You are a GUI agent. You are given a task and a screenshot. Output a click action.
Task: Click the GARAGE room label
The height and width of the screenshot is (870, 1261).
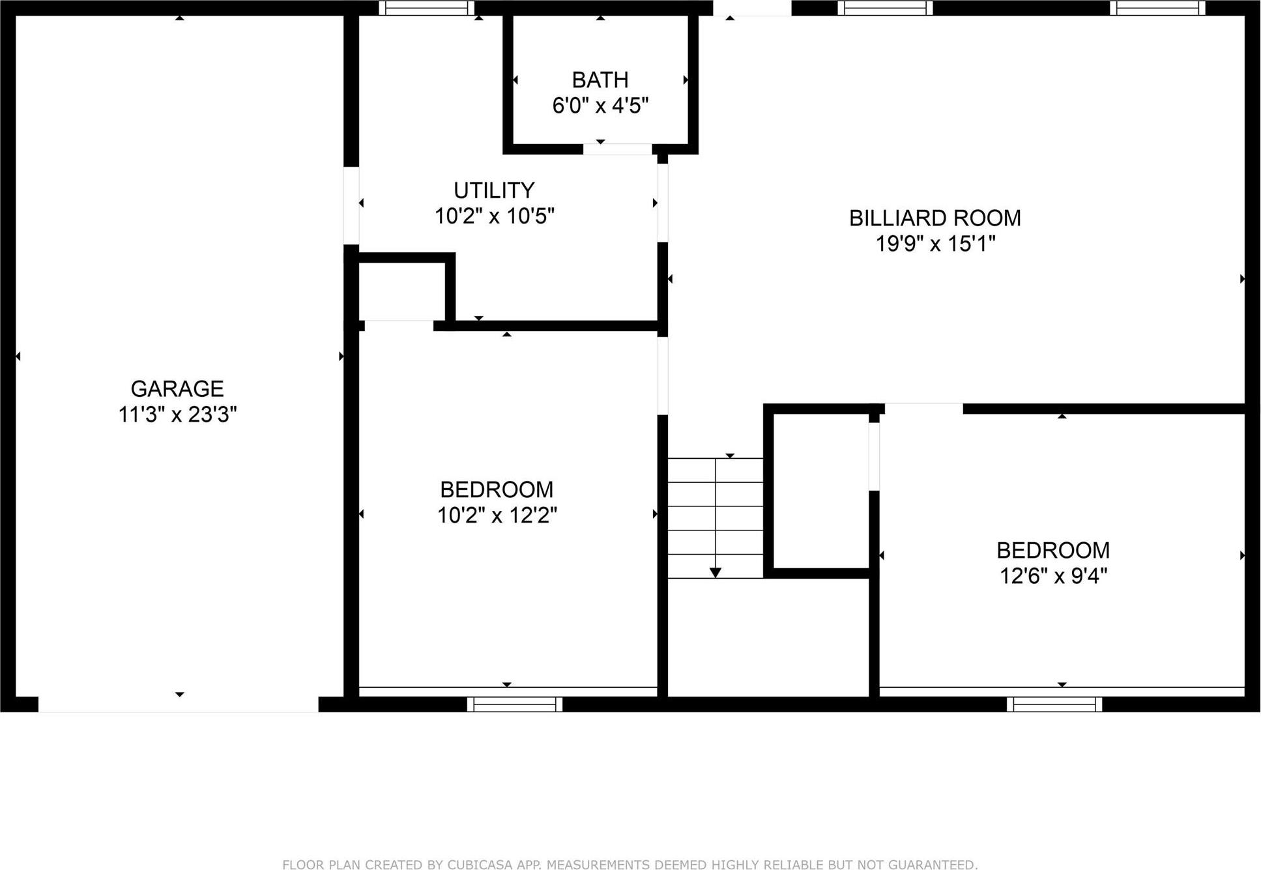click(177, 389)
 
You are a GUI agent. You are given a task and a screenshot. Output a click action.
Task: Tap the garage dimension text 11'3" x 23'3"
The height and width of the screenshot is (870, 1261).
click(177, 414)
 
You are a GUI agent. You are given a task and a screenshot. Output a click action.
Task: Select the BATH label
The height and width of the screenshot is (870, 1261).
click(600, 80)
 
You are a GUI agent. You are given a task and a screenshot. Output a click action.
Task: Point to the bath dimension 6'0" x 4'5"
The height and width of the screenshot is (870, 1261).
click(600, 106)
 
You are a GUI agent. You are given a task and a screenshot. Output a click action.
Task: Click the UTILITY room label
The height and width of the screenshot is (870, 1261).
click(494, 190)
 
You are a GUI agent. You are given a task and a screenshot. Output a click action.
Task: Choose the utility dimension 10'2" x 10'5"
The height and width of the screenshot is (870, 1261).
click(494, 216)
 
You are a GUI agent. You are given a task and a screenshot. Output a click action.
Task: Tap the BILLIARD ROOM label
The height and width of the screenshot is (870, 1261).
click(935, 218)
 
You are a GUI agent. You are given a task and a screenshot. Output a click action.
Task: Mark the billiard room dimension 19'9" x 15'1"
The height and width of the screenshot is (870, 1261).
click(935, 244)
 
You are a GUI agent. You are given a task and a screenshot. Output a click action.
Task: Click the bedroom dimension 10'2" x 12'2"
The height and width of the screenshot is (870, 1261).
click(497, 515)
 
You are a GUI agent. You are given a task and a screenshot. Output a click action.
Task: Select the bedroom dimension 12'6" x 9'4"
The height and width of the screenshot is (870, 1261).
click(1053, 576)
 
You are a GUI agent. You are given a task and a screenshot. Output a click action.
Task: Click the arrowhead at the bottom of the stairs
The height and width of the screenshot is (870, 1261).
click(716, 573)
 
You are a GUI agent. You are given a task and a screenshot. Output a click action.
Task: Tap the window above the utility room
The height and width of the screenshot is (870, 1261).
click(427, 8)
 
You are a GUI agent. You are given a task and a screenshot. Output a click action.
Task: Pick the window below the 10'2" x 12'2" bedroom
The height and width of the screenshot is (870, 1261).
click(514, 704)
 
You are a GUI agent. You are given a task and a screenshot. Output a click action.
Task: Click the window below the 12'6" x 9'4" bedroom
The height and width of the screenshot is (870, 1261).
click(1054, 704)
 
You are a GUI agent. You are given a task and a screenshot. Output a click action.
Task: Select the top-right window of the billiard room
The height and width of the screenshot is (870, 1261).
click(1157, 8)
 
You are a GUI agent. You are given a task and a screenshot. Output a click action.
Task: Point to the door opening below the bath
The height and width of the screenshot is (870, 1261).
click(617, 149)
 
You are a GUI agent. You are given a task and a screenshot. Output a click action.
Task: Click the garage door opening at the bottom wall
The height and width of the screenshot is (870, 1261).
click(178, 704)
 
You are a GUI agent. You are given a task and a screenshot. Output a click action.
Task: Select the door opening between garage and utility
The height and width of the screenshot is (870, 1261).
click(351, 205)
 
